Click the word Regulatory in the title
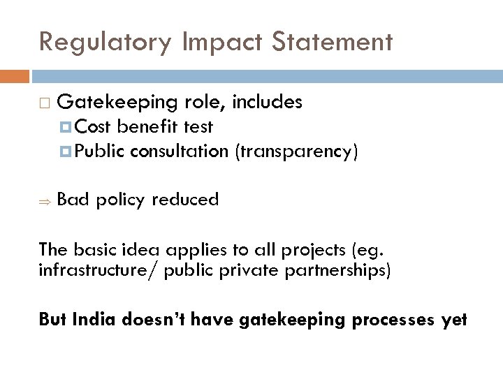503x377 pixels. (103, 43)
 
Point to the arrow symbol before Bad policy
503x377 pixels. (43, 201)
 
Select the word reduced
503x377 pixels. (185, 200)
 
